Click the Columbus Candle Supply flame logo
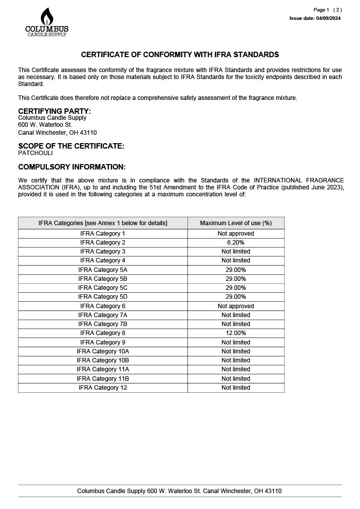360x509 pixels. click(x=47, y=22)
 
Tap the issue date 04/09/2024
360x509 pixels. click(x=328, y=18)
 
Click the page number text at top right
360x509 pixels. click(x=328, y=10)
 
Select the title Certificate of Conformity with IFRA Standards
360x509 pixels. click(x=180, y=55)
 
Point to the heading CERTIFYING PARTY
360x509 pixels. click(x=54, y=111)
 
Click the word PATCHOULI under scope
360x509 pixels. click(x=35, y=153)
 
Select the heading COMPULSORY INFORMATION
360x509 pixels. click(x=72, y=167)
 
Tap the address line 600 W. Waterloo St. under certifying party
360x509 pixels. click(x=45, y=125)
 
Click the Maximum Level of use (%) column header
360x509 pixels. click(x=236, y=223)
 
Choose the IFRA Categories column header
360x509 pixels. click(x=103, y=223)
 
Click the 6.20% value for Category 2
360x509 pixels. click(x=236, y=243)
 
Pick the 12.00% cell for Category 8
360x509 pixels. click(x=236, y=333)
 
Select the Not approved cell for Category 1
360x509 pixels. click(x=236, y=234)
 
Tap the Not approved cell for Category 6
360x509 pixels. click(x=236, y=306)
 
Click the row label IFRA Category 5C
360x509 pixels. click(x=103, y=288)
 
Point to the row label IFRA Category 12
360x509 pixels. click(x=103, y=388)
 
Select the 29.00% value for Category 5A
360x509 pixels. click(x=236, y=270)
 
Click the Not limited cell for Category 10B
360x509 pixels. click(x=236, y=360)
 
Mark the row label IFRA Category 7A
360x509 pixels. click(x=103, y=315)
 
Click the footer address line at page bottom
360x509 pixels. click(x=180, y=491)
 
